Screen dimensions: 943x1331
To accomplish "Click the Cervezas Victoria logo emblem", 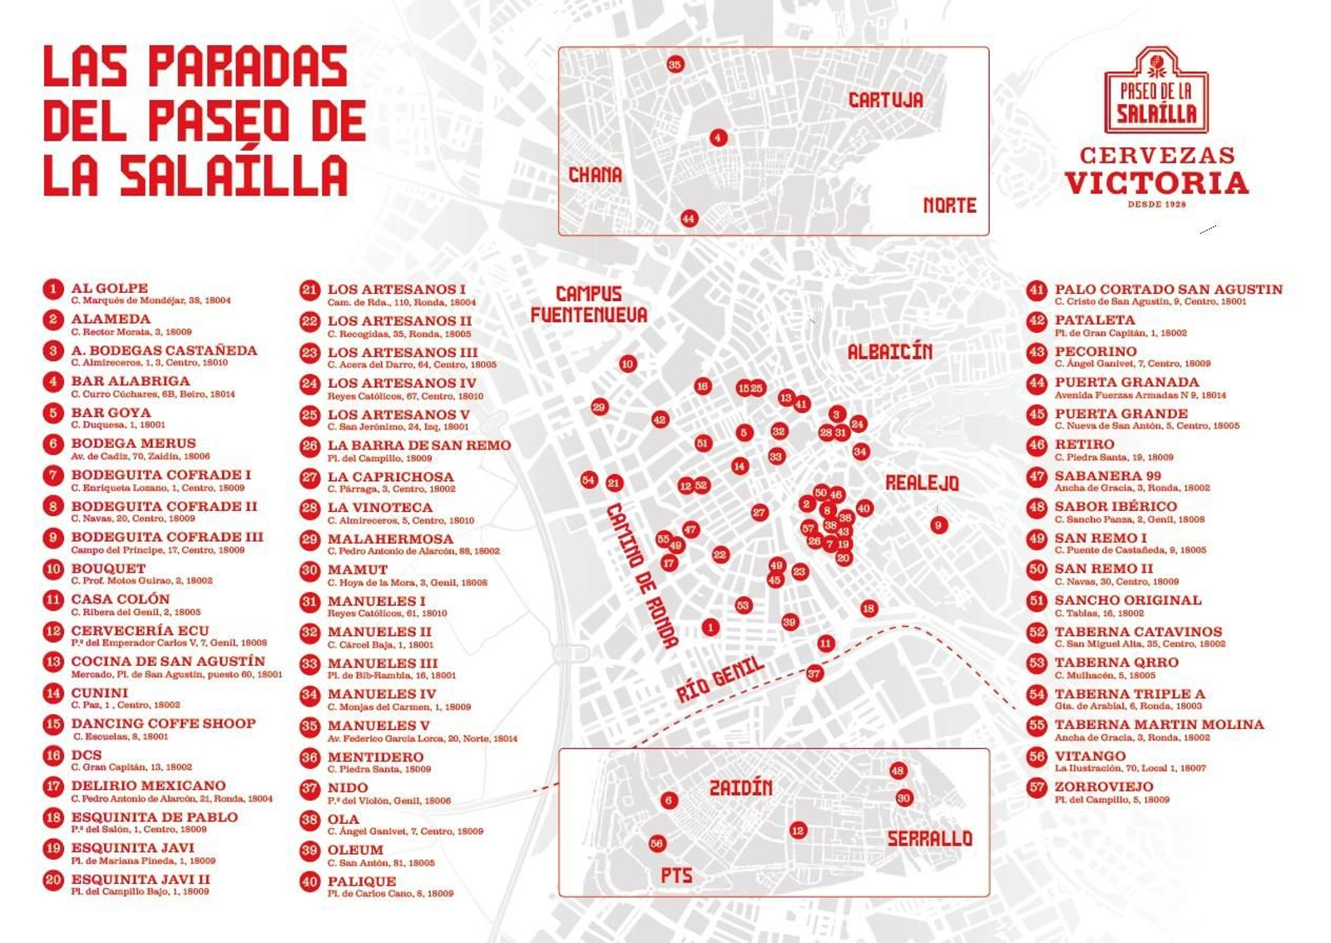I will pos(1155,90).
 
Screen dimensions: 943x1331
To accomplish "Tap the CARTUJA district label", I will pos(885,100).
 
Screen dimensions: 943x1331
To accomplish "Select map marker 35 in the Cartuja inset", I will pos(675,64).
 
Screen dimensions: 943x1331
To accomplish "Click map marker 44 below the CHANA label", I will pos(688,219).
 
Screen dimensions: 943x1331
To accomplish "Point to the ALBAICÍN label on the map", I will pos(889,352).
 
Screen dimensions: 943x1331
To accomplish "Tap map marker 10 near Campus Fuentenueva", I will pos(627,364).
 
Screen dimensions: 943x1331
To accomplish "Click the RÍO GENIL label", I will pos(719,679).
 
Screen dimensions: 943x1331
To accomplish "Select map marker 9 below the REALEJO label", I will pos(938,524).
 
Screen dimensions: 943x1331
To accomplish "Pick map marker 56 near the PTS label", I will pos(656,843).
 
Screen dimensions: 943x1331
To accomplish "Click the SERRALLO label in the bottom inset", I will pos(929,838).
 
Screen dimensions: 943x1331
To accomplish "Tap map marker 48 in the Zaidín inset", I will pos(898,771).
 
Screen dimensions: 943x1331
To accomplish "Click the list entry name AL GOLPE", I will pos(109,288).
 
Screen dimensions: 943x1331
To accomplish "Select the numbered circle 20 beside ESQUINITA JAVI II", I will pos(53,881).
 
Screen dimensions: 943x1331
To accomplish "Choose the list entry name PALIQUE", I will pos(361,881).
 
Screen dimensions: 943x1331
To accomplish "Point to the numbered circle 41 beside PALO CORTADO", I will pos(1036,290).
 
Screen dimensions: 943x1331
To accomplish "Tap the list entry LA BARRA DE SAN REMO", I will pos(418,445).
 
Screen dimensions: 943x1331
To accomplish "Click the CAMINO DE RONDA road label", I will pos(641,575).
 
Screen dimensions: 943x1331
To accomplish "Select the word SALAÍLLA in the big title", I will pos(233,176).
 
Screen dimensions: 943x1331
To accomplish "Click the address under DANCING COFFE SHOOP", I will pos(121,737).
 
